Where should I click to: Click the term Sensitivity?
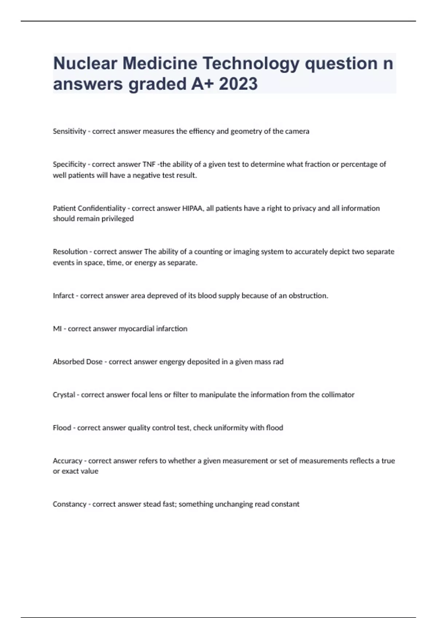tap(69, 131)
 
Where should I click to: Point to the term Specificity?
tap(69, 164)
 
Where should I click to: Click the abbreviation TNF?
tap(149, 164)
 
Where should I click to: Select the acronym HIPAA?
tap(193, 208)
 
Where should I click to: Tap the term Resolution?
tap(70, 252)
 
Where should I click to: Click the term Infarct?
tap(63, 296)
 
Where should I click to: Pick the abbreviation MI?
tap(57, 329)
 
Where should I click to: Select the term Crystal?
tap(64, 395)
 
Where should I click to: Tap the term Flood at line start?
tap(62, 428)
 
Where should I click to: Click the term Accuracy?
tap(67, 461)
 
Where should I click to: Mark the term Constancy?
tap(70, 504)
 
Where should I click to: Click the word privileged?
tap(115, 218)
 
